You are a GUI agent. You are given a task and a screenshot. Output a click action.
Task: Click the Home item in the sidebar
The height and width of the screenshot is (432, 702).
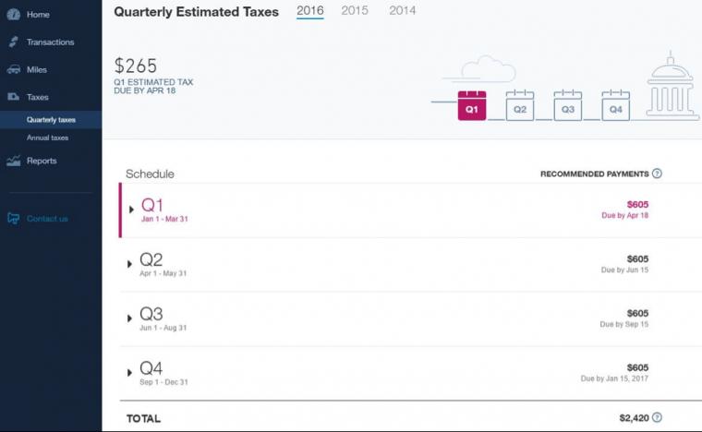pyautogui.click(x=38, y=15)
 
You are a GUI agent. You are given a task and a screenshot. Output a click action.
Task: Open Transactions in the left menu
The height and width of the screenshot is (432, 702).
pyautogui.click(x=50, y=42)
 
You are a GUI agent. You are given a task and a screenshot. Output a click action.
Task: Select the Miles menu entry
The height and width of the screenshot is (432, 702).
pyautogui.click(x=36, y=70)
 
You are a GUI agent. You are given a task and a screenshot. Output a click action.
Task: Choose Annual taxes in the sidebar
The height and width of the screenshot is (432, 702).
pyautogui.click(x=47, y=138)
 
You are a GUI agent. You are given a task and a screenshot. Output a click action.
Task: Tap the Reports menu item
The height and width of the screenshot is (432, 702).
pyautogui.click(x=42, y=161)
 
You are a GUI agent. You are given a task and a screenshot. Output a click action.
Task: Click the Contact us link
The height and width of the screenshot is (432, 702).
pyautogui.click(x=47, y=219)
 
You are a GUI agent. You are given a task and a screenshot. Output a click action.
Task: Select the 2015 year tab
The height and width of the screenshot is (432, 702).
pyautogui.click(x=355, y=10)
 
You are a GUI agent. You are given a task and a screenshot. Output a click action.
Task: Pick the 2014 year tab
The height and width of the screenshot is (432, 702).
pyautogui.click(x=402, y=10)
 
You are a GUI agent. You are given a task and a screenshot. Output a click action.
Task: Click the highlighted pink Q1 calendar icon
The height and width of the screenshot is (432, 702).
pyautogui.click(x=472, y=105)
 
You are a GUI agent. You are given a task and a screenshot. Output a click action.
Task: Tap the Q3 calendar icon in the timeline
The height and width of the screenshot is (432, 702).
pyautogui.click(x=568, y=105)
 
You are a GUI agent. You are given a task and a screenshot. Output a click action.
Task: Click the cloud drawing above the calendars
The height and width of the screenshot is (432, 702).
pyautogui.click(x=488, y=69)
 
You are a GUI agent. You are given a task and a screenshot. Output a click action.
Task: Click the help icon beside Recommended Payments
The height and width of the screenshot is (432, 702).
pyautogui.click(x=657, y=174)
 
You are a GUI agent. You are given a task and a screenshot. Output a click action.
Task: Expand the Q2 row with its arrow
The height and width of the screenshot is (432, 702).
pyautogui.click(x=130, y=264)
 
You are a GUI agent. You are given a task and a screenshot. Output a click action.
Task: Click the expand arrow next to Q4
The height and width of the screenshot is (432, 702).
pyautogui.click(x=130, y=373)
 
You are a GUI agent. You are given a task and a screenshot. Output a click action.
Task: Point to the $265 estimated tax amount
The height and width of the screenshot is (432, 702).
pyautogui.click(x=136, y=66)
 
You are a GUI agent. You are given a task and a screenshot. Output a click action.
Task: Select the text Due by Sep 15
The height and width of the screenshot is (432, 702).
pyautogui.click(x=624, y=324)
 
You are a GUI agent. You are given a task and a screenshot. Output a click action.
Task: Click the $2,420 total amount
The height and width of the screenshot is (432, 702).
pyautogui.click(x=634, y=417)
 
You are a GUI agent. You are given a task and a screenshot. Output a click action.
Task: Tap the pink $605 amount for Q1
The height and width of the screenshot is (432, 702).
pyautogui.click(x=637, y=204)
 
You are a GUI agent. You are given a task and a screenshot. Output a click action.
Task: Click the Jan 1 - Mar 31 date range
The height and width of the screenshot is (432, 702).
pyautogui.click(x=164, y=219)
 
